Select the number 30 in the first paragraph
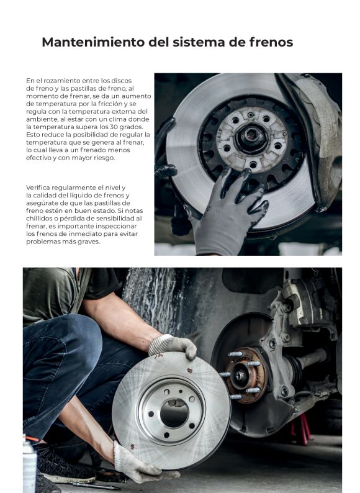click(114, 127)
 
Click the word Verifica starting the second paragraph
click(38, 188)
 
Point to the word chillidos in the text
click(38, 219)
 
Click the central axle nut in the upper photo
click(251, 138)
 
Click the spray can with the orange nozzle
click(29, 464)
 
